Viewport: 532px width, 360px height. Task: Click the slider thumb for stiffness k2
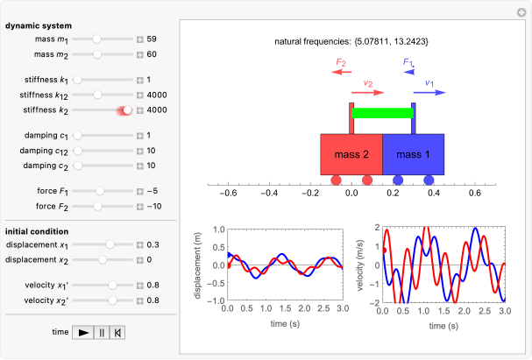(127, 110)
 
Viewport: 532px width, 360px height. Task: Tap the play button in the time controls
(83, 333)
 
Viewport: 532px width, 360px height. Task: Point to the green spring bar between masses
(382, 112)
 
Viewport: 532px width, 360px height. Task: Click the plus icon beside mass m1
(139, 39)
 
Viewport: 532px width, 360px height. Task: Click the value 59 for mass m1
(152, 39)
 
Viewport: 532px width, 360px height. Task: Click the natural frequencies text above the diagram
(351, 41)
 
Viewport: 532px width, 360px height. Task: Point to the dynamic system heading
(39, 25)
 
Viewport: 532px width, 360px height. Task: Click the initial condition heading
(39, 229)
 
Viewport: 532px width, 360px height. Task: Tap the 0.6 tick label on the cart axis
(475, 194)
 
